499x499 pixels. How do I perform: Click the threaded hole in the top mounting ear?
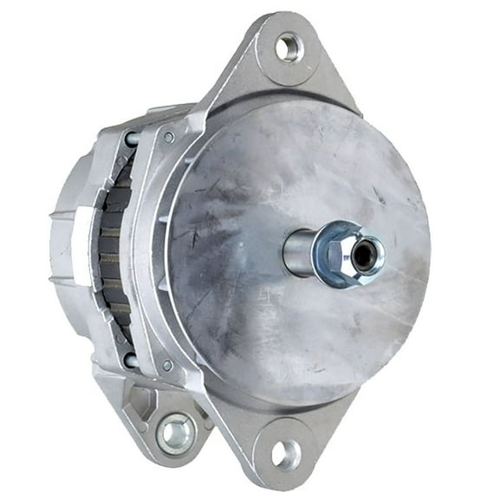tap(288, 47)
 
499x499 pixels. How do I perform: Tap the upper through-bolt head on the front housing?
tap(169, 137)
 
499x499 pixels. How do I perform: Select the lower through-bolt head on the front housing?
tap(167, 366)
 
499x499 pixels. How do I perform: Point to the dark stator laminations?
tap(111, 251)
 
